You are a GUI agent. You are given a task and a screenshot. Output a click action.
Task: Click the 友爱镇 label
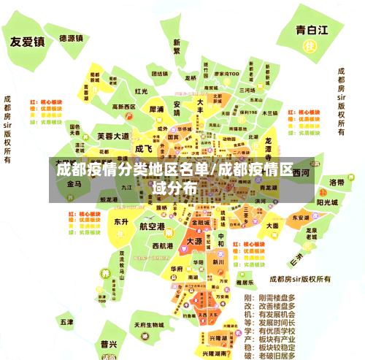pyautogui.click(x=27, y=42)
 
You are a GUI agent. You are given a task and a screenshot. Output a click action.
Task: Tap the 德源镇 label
pyautogui.click(x=72, y=37)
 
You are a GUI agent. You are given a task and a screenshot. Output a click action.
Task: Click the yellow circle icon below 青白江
pyautogui.click(x=310, y=45)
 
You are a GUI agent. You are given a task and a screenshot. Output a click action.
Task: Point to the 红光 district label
pyautogui.click(x=142, y=91)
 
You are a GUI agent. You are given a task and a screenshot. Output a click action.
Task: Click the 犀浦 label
pyautogui.click(x=156, y=109)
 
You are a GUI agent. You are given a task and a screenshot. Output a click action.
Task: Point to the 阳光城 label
pyautogui.click(x=326, y=202)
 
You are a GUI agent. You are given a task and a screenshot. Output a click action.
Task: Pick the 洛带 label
pyautogui.click(x=337, y=183)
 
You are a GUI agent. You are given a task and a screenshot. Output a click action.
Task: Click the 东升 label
pyautogui.click(x=121, y=221)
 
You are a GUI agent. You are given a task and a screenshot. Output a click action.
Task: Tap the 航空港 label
pyautogui.click(x=152, y=226)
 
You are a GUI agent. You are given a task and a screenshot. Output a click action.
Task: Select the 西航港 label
pyautogui.click(x=161, y=246)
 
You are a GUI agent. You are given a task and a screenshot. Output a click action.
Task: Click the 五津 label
pyautogui.click(x=66, y=321)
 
